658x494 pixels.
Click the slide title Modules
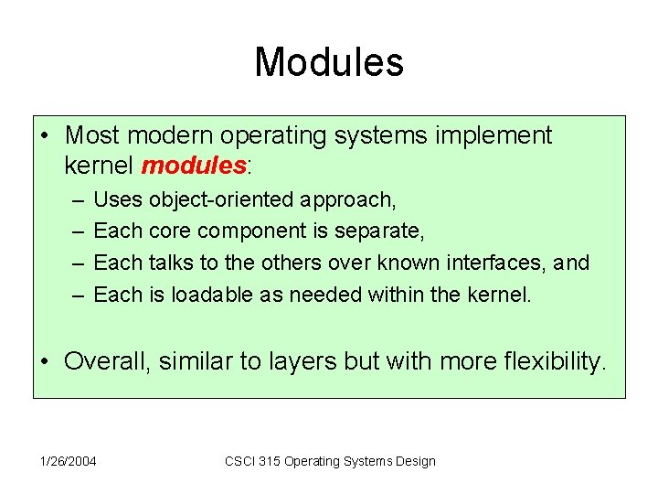pos(329,62)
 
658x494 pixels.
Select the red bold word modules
pos(194,166)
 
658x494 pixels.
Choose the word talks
pos(167,263)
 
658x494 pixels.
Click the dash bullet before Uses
pos(72,199)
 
